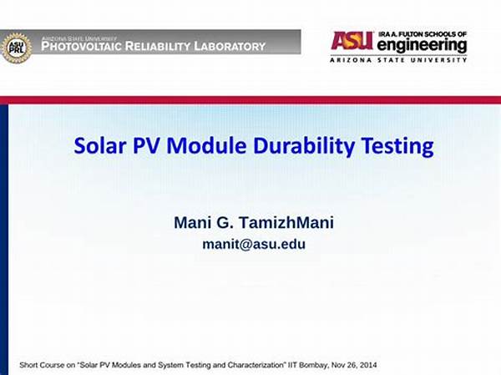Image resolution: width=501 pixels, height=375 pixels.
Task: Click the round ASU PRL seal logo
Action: coord(17,48)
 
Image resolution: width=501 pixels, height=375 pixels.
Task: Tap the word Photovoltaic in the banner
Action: coord(81,47)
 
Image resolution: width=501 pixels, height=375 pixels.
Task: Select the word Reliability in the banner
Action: coord(158,47)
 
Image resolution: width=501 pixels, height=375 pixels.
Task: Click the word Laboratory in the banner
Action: coord(230,47)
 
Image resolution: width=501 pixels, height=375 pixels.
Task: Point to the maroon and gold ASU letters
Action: coord(352,41)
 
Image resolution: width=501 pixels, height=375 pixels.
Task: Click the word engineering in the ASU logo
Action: coord(422,46)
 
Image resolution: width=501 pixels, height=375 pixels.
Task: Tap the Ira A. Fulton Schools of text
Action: coord(423,34)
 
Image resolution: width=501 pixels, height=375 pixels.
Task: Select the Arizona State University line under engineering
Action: coord(398,60)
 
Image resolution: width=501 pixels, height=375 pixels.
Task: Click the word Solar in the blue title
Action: coord(100,146)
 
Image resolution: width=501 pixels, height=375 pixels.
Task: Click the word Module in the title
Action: coord(206,146)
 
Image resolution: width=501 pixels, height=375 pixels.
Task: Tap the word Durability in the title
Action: coord(304,147)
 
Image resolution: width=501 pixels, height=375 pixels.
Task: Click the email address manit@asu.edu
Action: coord(254,244)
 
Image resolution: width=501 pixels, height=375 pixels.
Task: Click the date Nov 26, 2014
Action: coord(354,365)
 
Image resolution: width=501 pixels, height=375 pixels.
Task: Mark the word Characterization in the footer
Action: coord(256,365)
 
